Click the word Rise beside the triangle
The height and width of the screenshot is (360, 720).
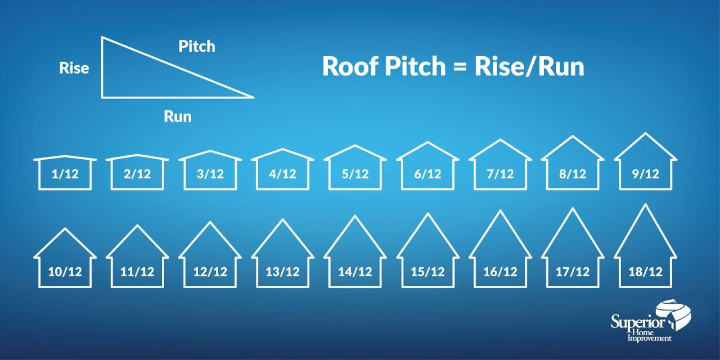coord(74,68)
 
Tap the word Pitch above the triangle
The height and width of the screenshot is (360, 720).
coord(197,46)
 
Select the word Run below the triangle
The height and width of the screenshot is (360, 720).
coord(178,117)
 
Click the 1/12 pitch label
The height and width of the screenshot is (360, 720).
coord(65,174)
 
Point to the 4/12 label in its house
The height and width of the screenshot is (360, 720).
coord(282,174)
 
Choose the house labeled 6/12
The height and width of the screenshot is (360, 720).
coord(427,169)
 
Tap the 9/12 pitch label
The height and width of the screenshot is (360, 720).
coord(645,174)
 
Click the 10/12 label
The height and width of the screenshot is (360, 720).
coord(65,272)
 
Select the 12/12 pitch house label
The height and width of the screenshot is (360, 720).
coord(210,272)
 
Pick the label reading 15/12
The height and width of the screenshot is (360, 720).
coord(427,272)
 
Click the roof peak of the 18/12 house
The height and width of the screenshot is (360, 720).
coord(645,204)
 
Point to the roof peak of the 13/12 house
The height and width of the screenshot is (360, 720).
coord(282,219)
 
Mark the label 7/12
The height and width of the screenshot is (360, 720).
coord(499,174)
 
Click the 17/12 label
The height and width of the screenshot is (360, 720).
coord(573,272)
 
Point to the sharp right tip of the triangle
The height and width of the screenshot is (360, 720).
coord(253,97)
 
